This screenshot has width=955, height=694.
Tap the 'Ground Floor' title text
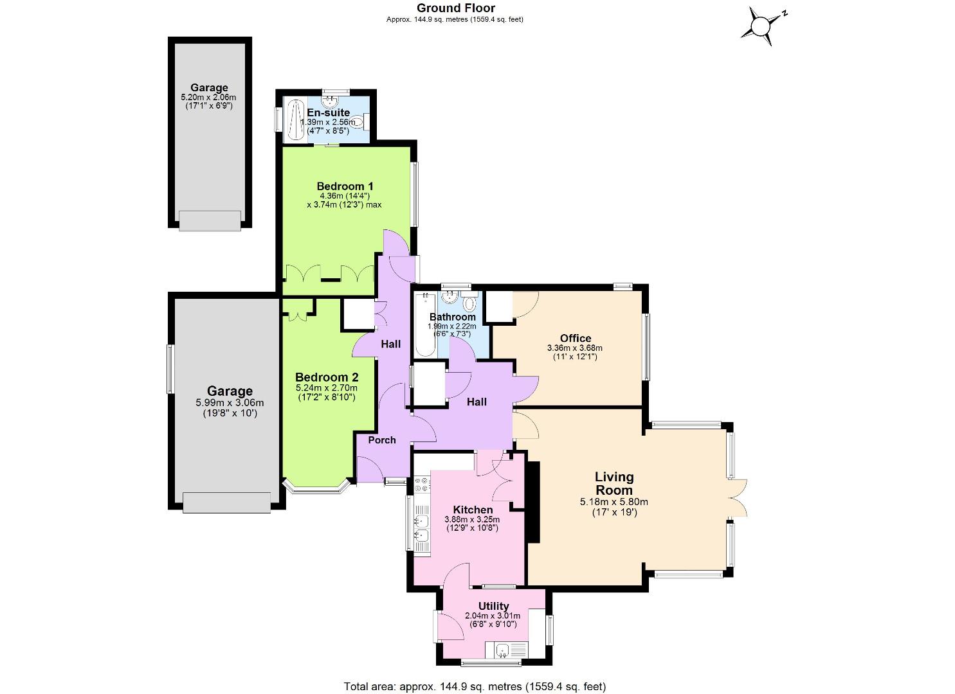[455, 8]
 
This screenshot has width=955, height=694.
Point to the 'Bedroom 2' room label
[327, 377]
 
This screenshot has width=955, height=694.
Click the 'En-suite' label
[328, 113]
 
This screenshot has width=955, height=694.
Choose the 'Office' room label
[575, 339]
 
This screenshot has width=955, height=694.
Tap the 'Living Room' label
[614, 483]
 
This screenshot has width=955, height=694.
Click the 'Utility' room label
[493, 606]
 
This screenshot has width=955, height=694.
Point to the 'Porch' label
[381, 440]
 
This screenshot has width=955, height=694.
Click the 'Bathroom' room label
[453, 317]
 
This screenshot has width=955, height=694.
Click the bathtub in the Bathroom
[425, 325]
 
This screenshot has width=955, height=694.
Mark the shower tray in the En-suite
[296, 120]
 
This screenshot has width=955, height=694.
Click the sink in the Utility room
[505, 651]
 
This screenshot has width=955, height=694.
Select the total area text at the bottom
[475, 686]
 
